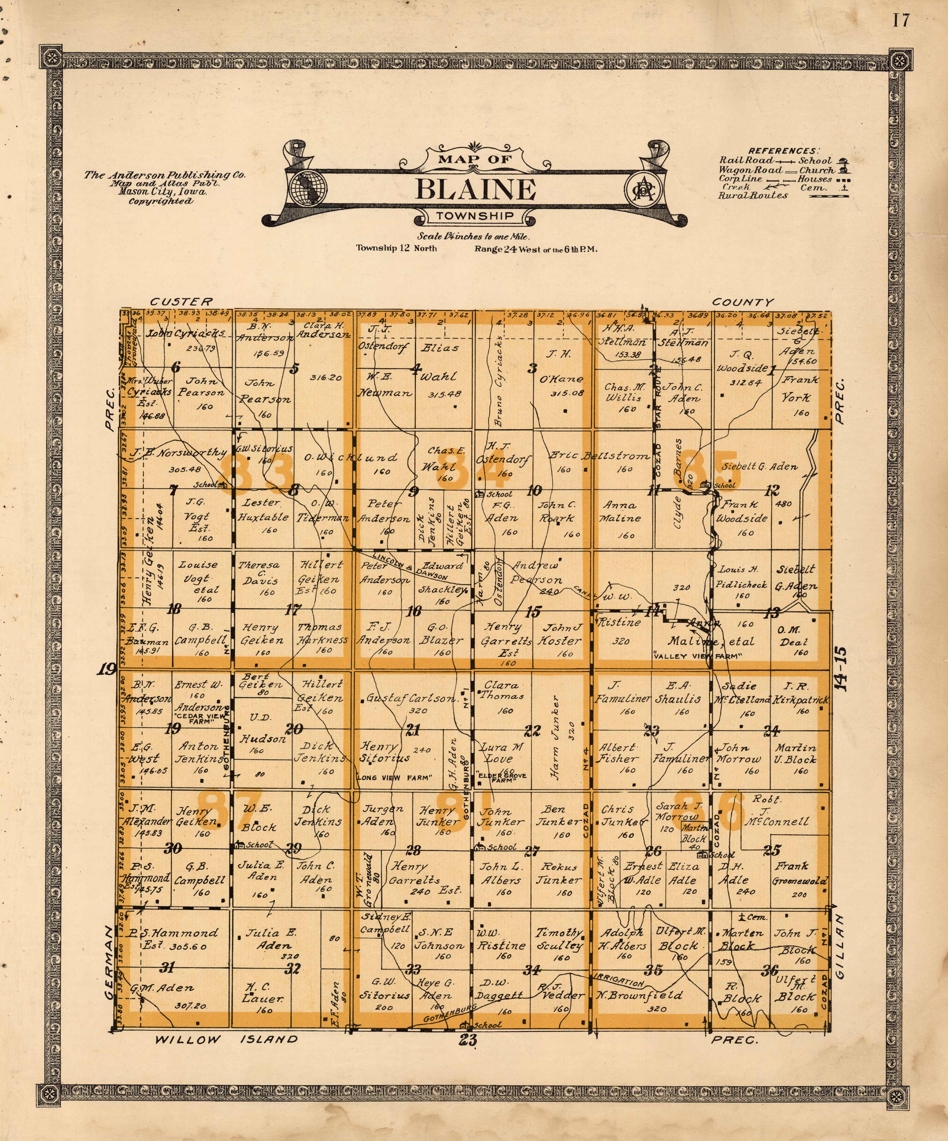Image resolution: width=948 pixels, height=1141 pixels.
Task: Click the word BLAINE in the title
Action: pos(475,190)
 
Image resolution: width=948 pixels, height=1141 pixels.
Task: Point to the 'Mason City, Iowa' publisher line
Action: pos(163,192)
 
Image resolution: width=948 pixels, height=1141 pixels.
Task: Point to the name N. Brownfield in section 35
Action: pos(639,995)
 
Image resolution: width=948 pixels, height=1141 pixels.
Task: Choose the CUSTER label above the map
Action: pos(181,302)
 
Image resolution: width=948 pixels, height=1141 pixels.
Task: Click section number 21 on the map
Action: pos(413,730)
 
